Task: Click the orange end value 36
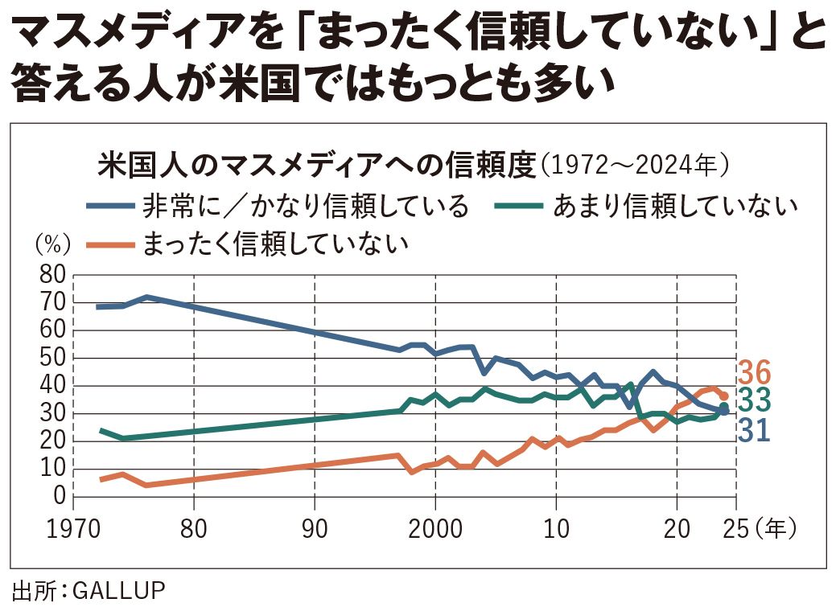[754, 373]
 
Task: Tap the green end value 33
[754, 400]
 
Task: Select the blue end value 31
[754, 429]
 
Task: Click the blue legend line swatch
[109, 207]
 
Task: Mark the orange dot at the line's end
[724, 396]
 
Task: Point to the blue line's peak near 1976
[146, 297]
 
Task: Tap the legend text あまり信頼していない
[674, 207]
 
